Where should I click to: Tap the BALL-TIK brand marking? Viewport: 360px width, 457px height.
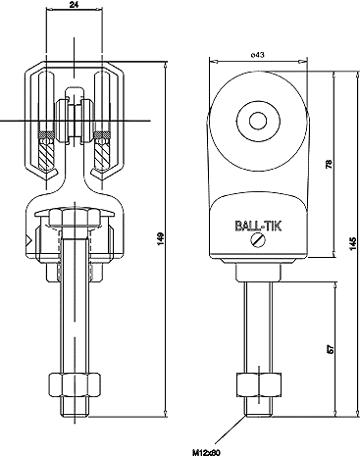[x=259, y=225]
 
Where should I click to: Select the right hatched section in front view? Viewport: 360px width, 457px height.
[x=103, y=148]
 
